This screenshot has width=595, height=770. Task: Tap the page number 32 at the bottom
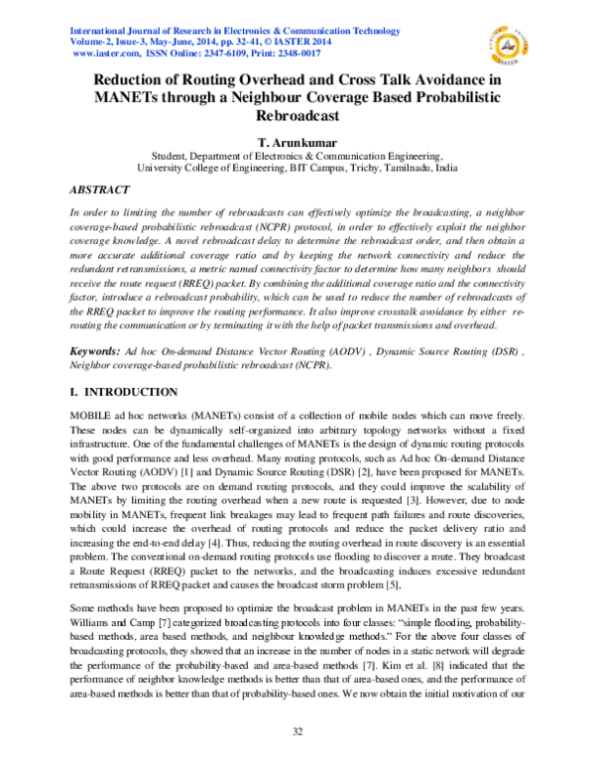point(297,731)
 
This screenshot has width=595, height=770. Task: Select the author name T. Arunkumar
point(297,142)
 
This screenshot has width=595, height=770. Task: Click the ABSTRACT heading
point(99,189)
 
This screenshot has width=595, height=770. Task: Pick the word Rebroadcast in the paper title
point(297,115)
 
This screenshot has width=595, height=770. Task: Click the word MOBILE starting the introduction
point(92,417)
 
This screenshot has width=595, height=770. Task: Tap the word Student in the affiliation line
point(172,156)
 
